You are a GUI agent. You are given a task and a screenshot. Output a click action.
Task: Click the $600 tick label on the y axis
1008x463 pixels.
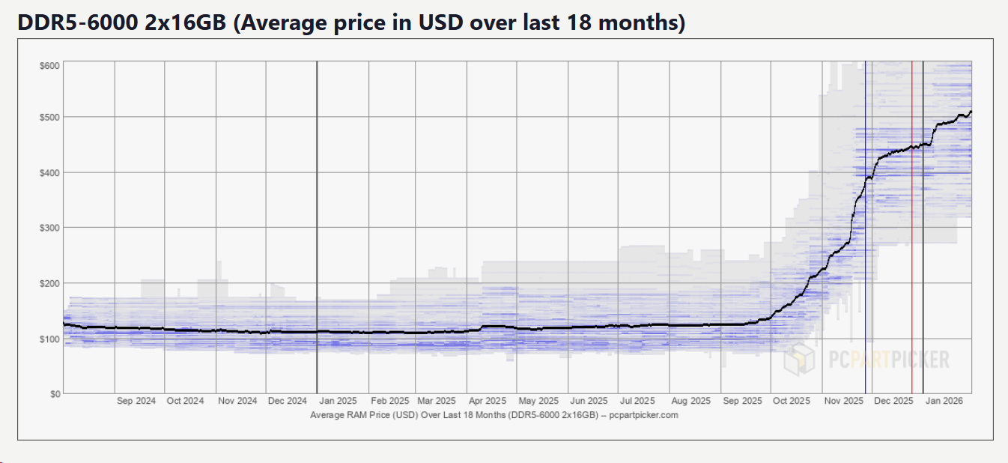pyautogui.click(x=50, y=66)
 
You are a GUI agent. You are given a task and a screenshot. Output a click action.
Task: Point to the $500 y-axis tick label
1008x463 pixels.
pyautogui.click(x=50, y=118)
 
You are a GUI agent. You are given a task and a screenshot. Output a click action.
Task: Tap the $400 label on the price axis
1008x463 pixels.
pyautogui.click(x=50, y=173)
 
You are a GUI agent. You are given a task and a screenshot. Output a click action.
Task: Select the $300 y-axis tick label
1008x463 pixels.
pyautogui.click(x=50, y=228)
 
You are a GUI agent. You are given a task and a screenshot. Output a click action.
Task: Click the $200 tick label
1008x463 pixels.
pyautogui.click(x=50, y=283)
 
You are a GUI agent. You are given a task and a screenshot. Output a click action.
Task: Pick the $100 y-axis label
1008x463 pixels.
pyautogui.click(x=50, y=339)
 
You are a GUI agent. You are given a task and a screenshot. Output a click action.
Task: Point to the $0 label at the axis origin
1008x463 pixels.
pyautogui.click(x=55, y=394)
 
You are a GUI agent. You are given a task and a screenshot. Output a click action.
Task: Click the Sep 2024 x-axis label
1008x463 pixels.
pyautogui.click(x=136, y=402)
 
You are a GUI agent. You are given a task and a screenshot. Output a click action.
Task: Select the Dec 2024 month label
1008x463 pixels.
pyautogui.click(x=287, y=402)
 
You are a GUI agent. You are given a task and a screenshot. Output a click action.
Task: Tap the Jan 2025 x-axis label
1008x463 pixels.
pyautogui.click(x=338, y=402)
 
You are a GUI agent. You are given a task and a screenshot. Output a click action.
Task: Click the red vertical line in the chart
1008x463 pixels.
pyautogui.click(x=912, y=225)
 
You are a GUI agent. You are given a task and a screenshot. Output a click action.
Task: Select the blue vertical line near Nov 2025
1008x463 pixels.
pyautogui.click(x=866, y=225)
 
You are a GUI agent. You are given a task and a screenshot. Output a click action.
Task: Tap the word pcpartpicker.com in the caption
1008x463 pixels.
pyautogui.click(x=644, y=415)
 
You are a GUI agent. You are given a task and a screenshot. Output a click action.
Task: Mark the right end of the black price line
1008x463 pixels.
pyautogui.click(x=971, y=112)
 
